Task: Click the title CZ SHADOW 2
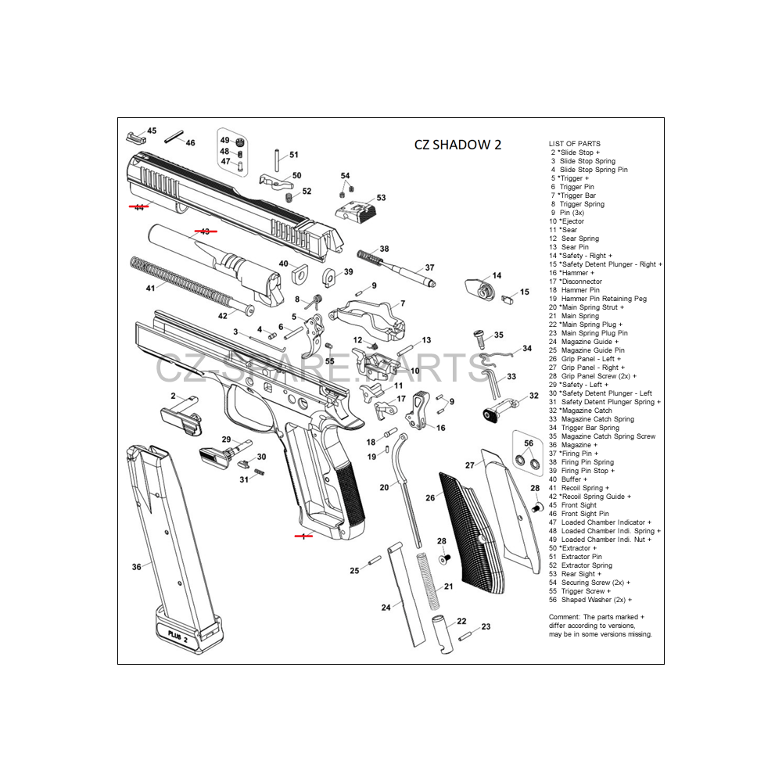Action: pos(457,145)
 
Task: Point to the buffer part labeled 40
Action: pos(299,274)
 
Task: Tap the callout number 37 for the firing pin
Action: pos(429,267)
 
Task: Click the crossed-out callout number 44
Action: pos(138,207)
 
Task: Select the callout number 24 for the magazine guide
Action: pos(386,607)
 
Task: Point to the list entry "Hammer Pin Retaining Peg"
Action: pos(603,299)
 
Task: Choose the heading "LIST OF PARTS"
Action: pos(575,144)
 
